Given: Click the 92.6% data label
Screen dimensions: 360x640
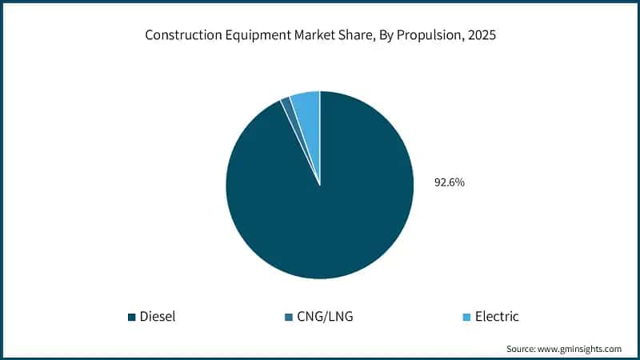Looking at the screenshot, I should pyautogui.click(x=450, y=182).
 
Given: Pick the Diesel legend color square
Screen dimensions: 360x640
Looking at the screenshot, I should pyautogui.click(x=131, y=317).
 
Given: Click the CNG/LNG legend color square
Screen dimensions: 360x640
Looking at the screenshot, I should pyautogui.click(x=287, y=317).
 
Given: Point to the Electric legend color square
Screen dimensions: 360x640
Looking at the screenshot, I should pyautogui.click(x=465, y=317).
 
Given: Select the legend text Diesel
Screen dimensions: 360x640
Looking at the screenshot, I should pyautogui.click(x=158, y=316).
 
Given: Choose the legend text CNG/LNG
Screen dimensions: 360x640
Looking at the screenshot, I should pyautogui.click(x=325, y=316).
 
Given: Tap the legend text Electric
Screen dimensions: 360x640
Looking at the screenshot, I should pyautogui.click(x=497, y=316).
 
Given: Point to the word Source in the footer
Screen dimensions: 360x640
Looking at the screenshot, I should pyautogui.click(x=522, y=349).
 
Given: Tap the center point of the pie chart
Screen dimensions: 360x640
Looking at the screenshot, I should pyautogui.click(x=320, y=186).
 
